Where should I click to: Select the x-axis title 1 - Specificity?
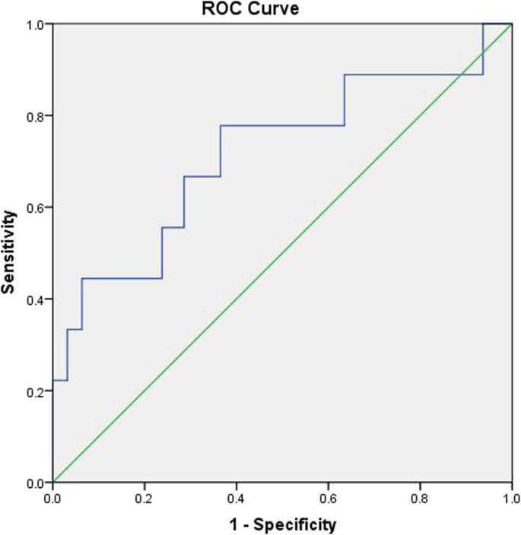282,524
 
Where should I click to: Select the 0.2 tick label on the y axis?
36,391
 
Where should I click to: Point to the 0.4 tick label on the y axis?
36,299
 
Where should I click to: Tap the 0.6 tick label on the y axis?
36,207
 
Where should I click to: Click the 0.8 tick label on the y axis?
36,116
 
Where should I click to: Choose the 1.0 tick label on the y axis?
36,24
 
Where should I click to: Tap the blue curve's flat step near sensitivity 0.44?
122,278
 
